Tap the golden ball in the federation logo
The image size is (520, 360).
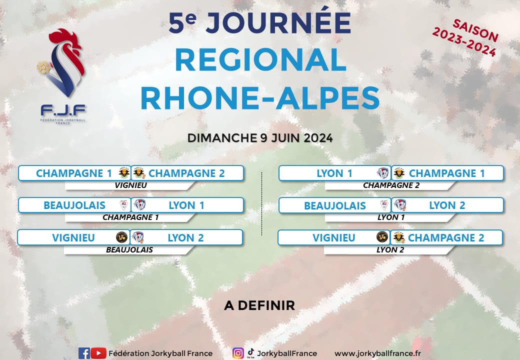(43, 67)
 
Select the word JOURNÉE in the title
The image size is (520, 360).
(278, 22)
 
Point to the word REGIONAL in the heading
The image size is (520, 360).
(260, 60)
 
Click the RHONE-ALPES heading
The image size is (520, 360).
(260, 98)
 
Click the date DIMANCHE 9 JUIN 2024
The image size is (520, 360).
(260, 138)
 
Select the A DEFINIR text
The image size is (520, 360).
(259, 305)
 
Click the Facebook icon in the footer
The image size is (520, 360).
(84, 353)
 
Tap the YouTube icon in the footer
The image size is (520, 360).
(98, 353)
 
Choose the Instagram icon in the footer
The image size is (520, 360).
(238, 353)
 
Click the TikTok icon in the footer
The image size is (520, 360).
(250, 353)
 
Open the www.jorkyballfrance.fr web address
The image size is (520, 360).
(377, 353)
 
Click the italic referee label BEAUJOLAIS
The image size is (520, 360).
(129, 250)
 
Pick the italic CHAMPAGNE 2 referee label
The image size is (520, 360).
(391, 185)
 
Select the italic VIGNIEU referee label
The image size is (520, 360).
(130, 185)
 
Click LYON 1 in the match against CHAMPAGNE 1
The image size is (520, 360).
(334, 173)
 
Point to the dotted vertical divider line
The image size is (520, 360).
(262, 203)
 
